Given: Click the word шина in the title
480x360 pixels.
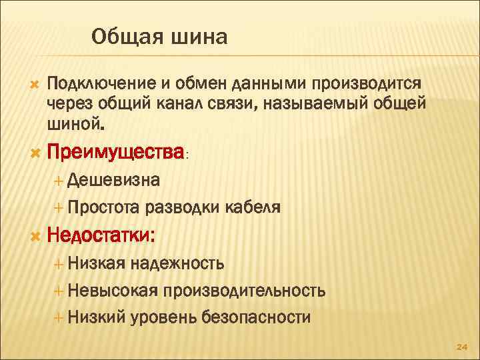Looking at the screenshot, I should coord(198,37).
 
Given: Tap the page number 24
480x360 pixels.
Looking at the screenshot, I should coord(461,347).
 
